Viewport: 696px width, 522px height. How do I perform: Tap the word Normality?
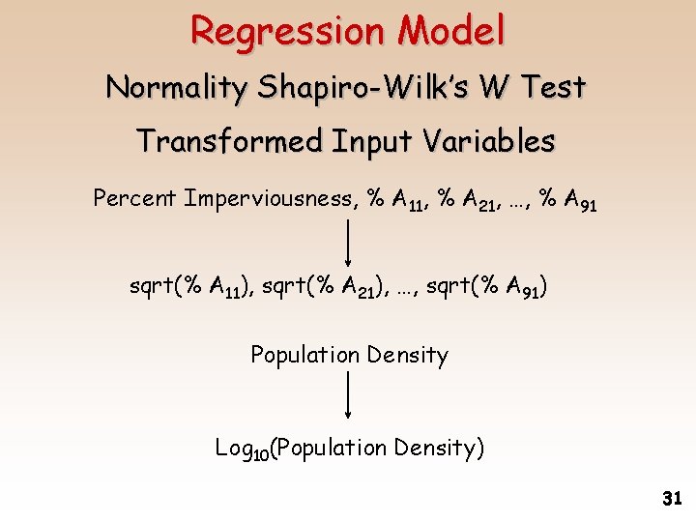[x=177, y=88]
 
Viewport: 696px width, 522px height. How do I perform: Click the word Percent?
[x=134, y=199]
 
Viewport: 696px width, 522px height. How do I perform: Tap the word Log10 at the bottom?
[x=241, y=449]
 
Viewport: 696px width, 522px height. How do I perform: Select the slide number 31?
[x=672, y=500]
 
